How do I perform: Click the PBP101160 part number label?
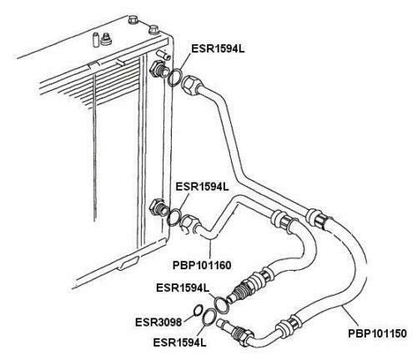click(x=202, y=265)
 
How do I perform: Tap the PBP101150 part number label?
click(x=377, y=333)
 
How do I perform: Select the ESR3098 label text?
click(x=158, y=322)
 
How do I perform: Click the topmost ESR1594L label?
click(x=218, y=49)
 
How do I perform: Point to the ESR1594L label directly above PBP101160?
click(x=202, y=187)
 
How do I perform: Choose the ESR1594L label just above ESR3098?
click(x=183, y=287)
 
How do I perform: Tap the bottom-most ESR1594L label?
click(x=179, y=342)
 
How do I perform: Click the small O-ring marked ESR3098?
click(x=197, y=311)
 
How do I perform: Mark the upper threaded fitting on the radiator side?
click(x=158, y=69)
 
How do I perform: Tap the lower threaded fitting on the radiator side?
click(x=158, y=207)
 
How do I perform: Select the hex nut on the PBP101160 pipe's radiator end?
click(x=189, y=222)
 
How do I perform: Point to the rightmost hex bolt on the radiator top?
click(x=153, y=29)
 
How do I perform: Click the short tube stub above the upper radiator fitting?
click(x=164, y=54)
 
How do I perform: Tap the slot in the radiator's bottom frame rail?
click(x=128, y=263)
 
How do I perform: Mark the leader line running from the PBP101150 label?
click(x=351, y=317)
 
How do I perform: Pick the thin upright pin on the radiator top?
click(x=96, y=39)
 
